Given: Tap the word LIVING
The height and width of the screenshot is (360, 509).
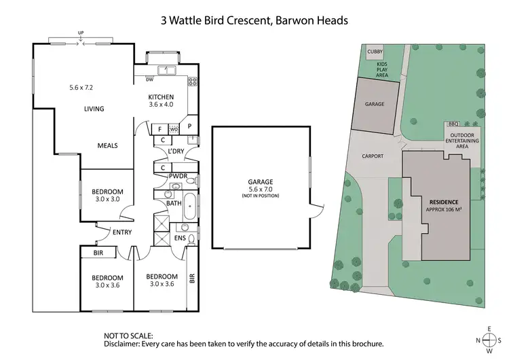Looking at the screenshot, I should point(94,109).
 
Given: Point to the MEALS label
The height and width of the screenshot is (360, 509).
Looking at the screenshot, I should point(108,145).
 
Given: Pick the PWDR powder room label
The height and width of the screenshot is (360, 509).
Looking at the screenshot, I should point(178,176).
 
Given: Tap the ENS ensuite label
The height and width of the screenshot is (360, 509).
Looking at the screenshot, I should point(180,238).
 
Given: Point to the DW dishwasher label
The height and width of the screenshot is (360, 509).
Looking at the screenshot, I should point(149,79).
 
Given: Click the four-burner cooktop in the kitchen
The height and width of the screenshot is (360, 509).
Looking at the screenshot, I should point(192,82).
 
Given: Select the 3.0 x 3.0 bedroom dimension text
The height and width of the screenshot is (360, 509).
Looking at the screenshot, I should point(107,200).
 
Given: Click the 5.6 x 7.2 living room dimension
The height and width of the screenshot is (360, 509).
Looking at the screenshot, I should point(85,88).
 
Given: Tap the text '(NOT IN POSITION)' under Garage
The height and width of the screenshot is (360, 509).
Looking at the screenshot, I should point(261,196).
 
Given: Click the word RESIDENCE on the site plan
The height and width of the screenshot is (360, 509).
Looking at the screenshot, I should point(445,202).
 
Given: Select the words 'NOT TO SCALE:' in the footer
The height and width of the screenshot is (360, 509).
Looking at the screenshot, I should point(128,336).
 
